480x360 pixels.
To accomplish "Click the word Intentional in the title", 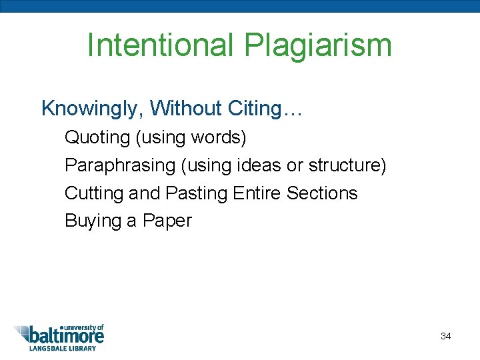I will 160,46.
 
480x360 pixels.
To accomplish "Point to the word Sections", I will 322,193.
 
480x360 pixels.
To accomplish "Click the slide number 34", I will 446,336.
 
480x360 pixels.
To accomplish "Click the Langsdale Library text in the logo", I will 61,348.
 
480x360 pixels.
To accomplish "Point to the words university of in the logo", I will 82,327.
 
